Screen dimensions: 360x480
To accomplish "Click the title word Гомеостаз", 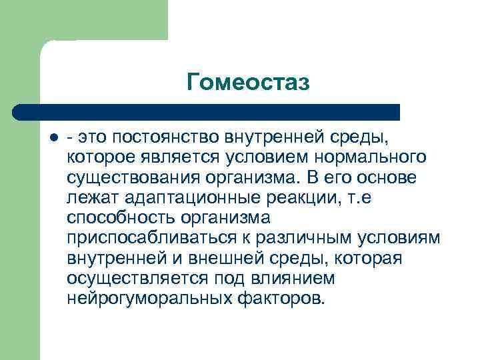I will point(249,82).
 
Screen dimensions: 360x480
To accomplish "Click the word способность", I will point(119,219).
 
